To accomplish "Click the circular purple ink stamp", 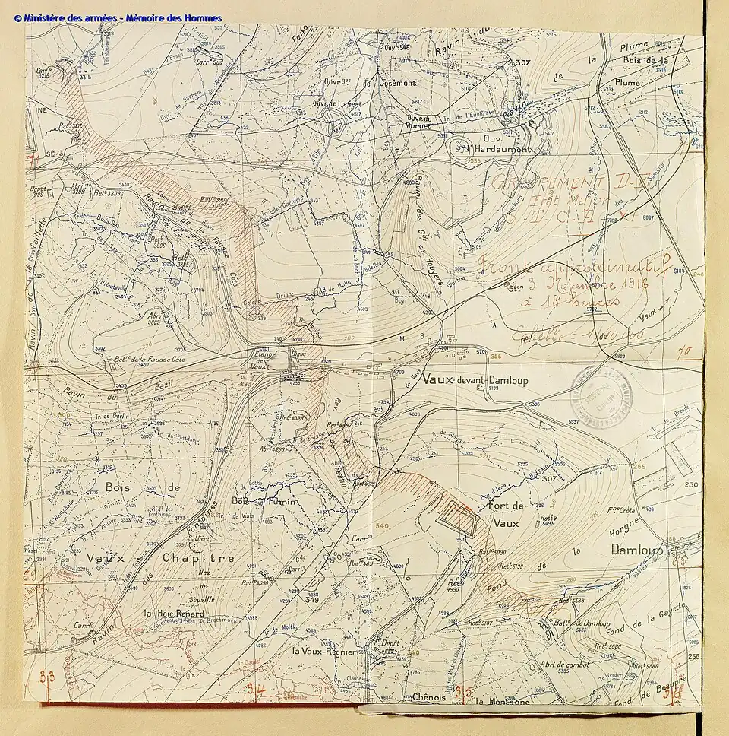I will point(602,393).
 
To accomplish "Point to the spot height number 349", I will point(311,601).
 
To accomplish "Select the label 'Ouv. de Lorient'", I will point(336,103).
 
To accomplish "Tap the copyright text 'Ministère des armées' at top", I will point(73,17).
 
